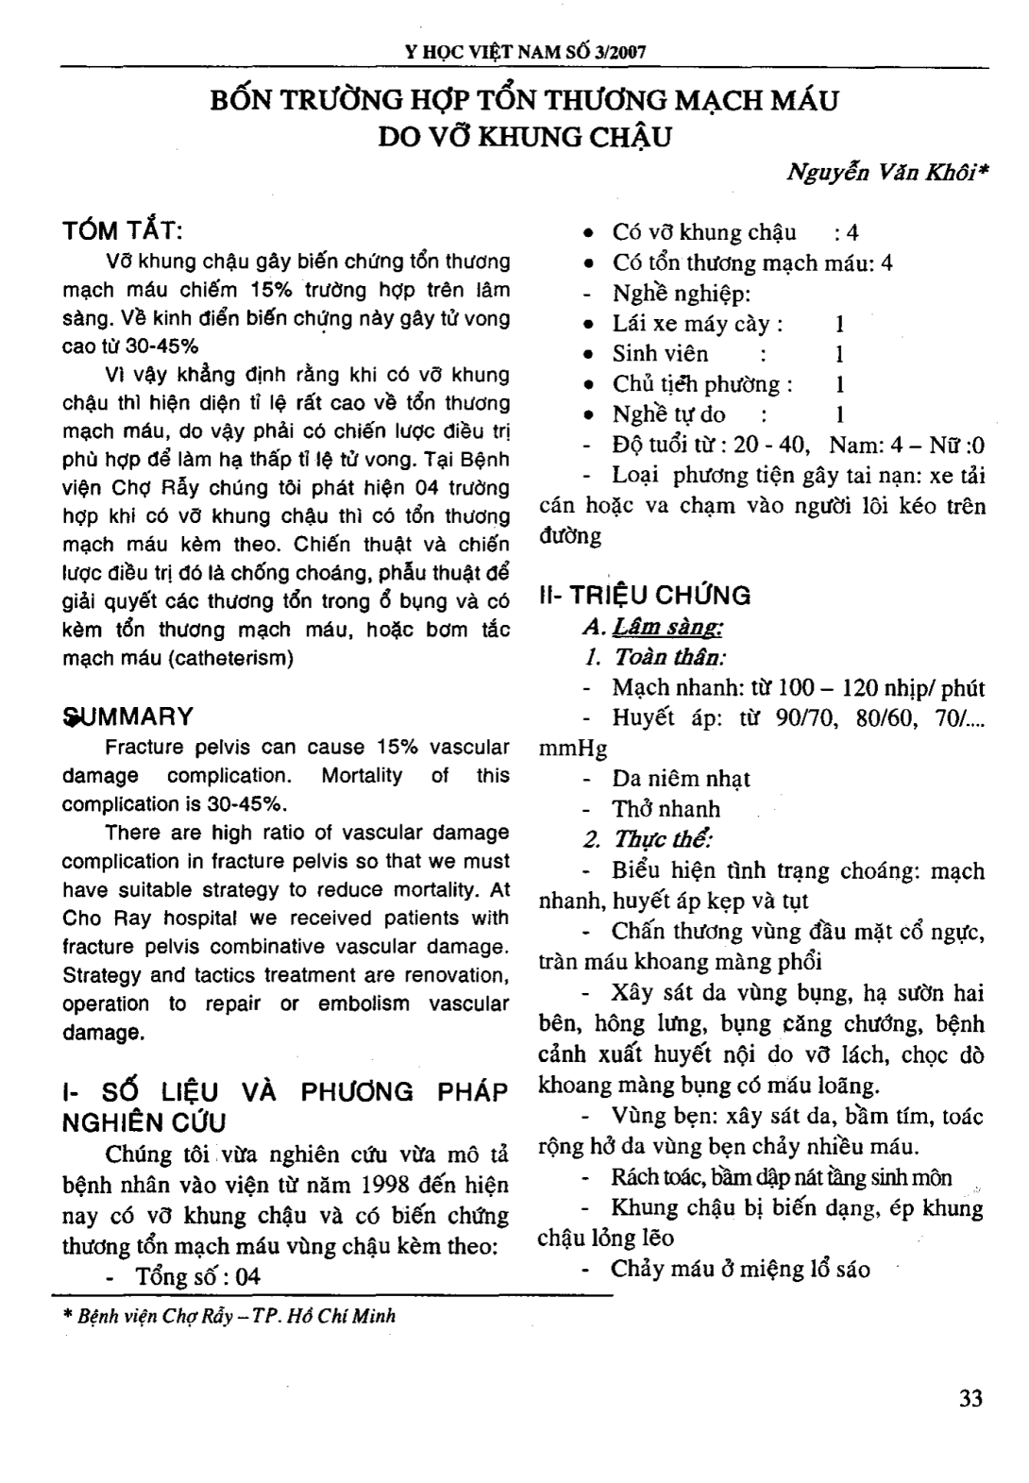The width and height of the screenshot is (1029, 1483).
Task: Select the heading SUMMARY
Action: [x=127, y=716]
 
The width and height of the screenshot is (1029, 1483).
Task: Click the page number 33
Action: [x=970, y=1398]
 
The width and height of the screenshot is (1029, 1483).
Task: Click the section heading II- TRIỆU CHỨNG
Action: [x=645, y=596]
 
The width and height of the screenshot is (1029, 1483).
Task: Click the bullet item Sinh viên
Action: [x=660, y=354]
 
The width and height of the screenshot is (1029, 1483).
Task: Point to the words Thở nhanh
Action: [x=666, y=809]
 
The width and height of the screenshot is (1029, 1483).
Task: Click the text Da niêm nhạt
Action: [x=681, y=779]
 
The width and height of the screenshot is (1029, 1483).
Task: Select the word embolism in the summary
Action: [x=362, y=1003]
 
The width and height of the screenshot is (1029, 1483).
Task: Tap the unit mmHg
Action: [x=573, y=749]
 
